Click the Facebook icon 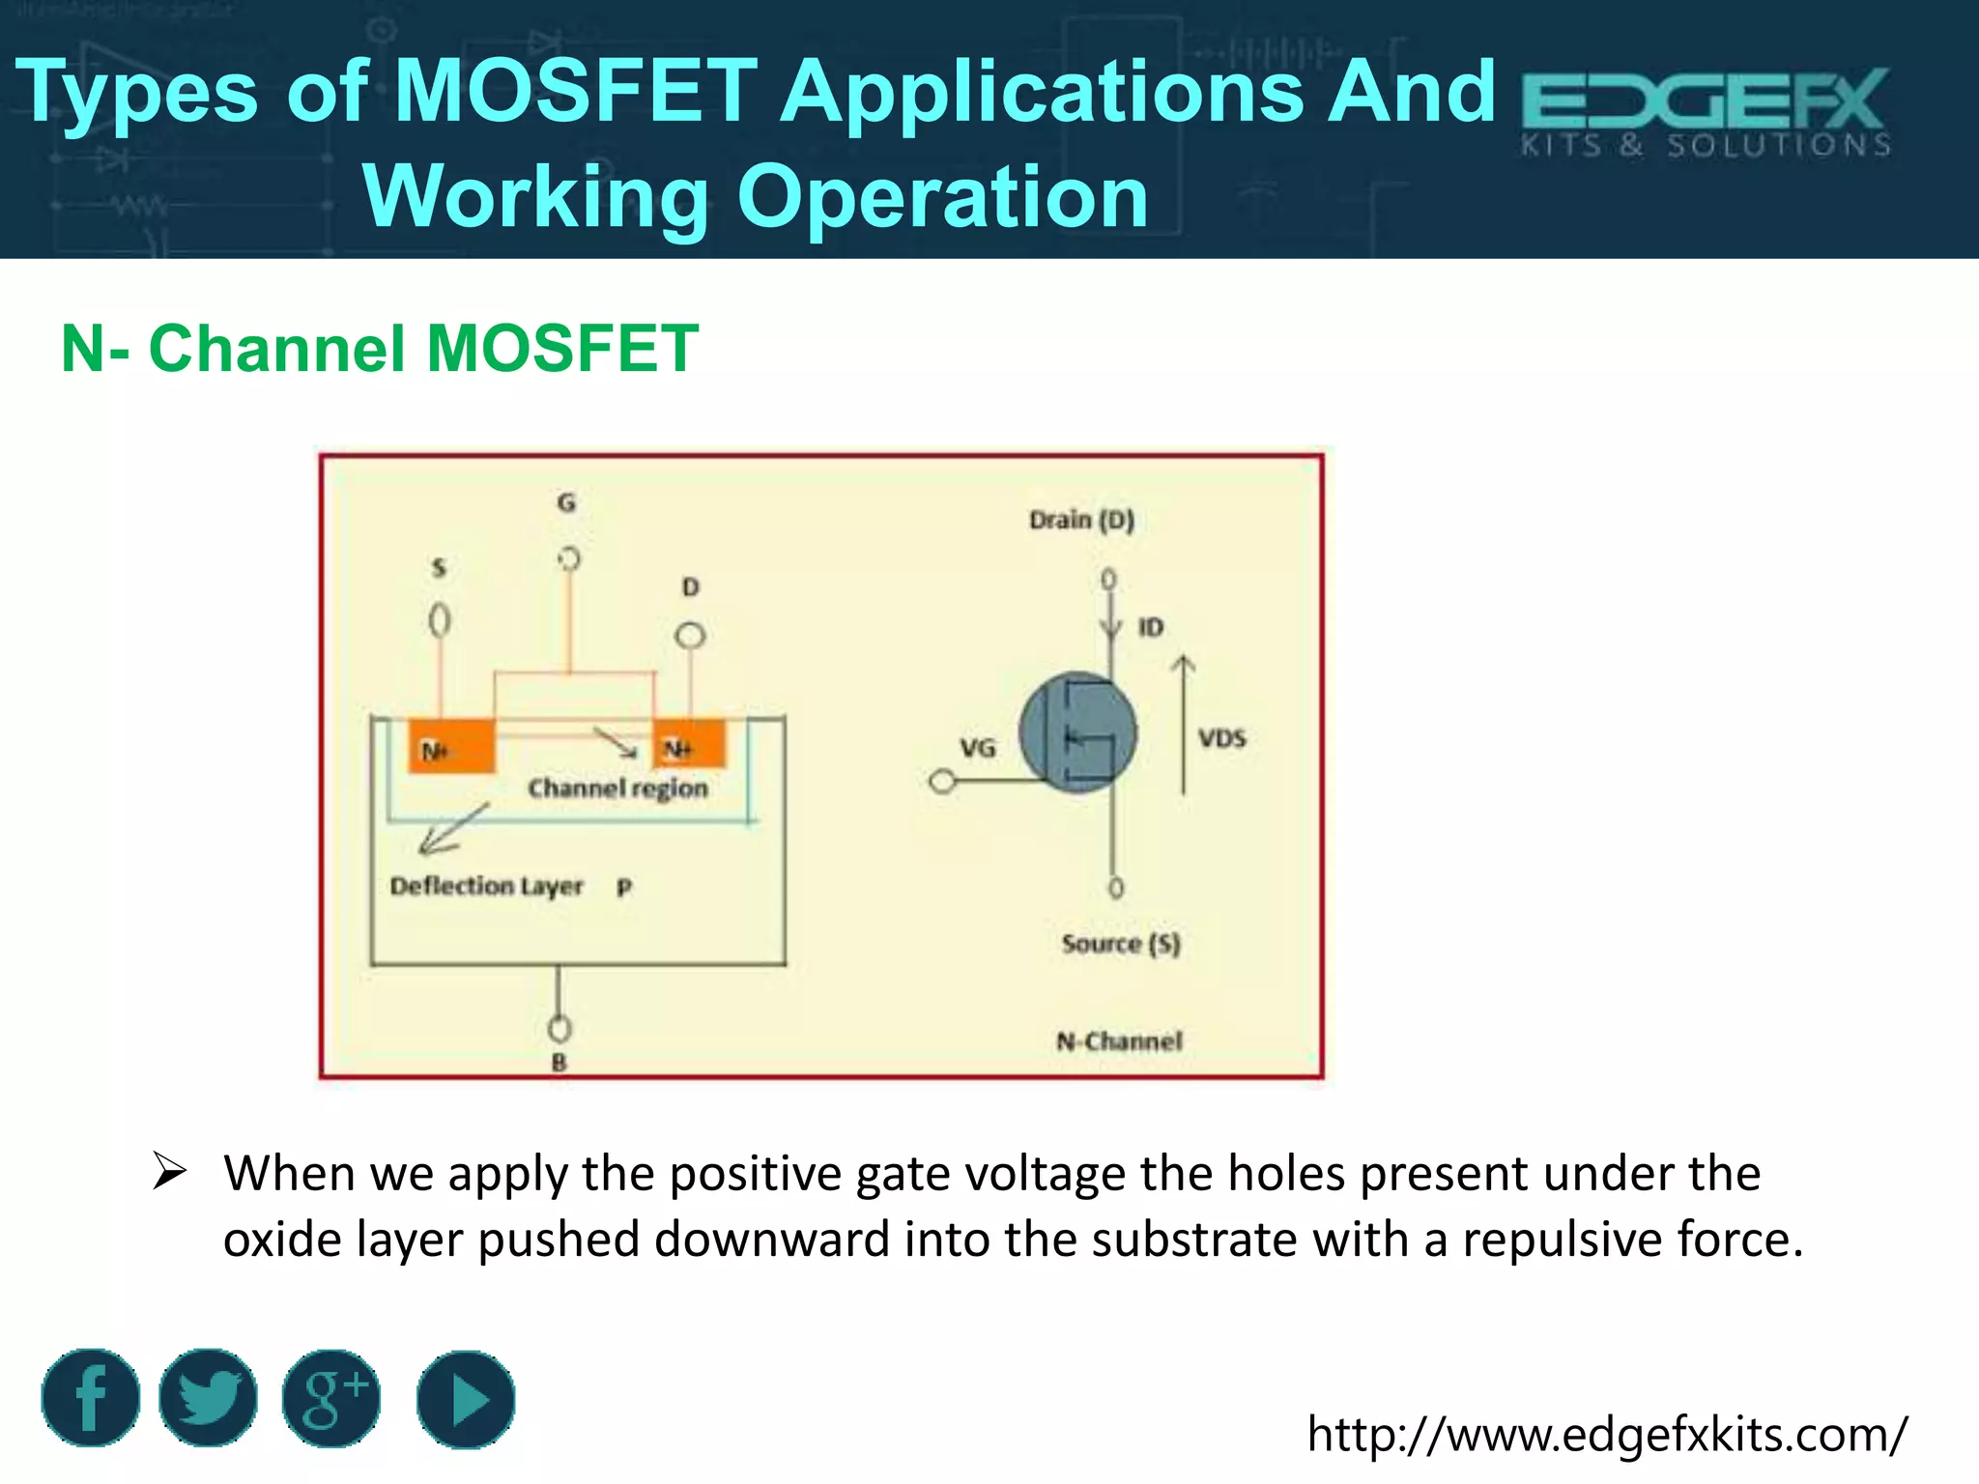(x=91, y=1398)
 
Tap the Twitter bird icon (x=208, y=1398)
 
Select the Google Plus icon (x=331, y=1398)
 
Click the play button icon (x=466, y=1399)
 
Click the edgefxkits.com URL (x=1607, y=1434)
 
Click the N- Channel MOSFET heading (x=380, y=348)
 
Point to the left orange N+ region (x=451, y=745)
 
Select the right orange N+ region (x=689, y=744)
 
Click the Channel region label (x=617, y=788)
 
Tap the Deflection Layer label (x=486, y=886)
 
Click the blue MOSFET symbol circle (x=1077, y=732)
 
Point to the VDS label (x=1222, y=739)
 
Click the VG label (x=977, y=747)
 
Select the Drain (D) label (x=1081, y=520)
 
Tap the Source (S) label (x=1121, y=943)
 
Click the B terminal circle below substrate (x=559, y=1028)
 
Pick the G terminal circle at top (x=569, y=558)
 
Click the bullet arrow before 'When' (x=169, y=1172)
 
